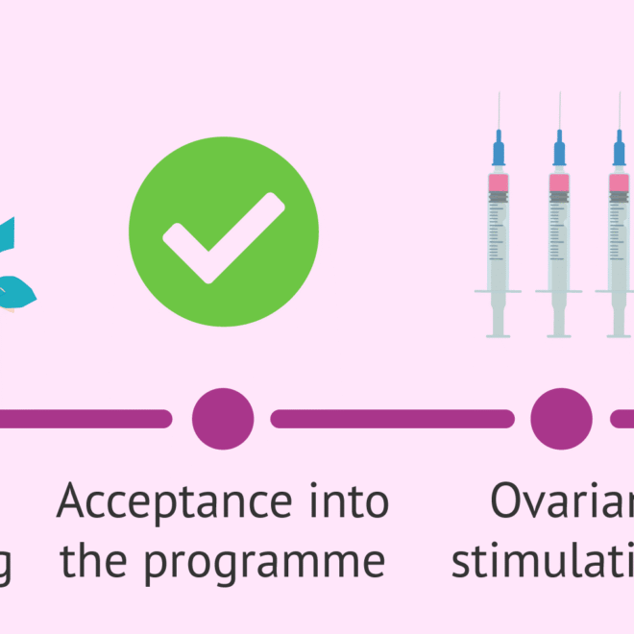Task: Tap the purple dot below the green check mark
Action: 223,419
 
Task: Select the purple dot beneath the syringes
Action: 562,419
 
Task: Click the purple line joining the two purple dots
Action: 392,419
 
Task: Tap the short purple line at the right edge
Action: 623,419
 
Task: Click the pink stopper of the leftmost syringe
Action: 498,183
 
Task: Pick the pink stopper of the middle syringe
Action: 559,183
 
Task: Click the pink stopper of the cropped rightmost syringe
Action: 620,183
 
